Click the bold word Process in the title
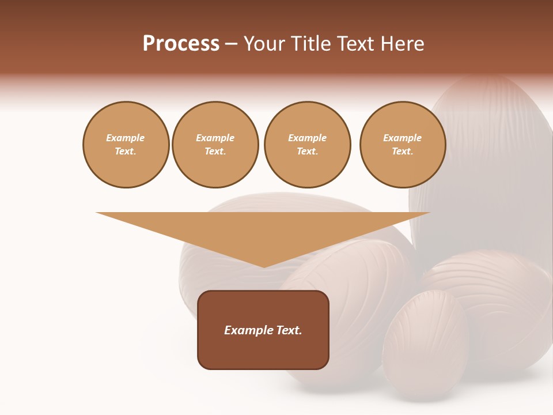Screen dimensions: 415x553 (x=181, y=43)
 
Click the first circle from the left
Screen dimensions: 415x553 (x=126, y=145)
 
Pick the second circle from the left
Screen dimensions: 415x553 (x=215, y=145)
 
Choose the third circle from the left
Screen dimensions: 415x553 (x=307, y=145)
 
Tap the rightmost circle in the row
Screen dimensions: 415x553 (x=403, y=145)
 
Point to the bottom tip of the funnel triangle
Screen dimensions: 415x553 (x=263, y=266)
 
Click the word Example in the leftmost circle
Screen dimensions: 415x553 (x=126, y=138)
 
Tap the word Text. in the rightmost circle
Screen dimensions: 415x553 (x=403, y=152)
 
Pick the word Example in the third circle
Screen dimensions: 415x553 (x=307, y=138)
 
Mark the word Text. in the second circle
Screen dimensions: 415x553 (x=215, y=152)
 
